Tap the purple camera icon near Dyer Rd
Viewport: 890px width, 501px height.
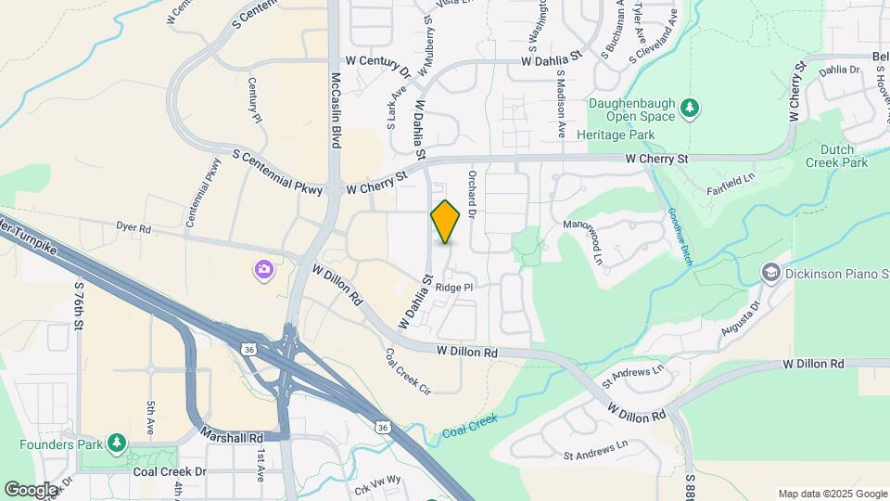(x=264, y=271)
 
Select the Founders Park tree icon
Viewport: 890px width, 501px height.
(x=116, y=443)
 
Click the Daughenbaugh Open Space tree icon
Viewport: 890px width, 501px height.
(x=689, y=109)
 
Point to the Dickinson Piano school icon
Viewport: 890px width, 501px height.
(x=770, y=272)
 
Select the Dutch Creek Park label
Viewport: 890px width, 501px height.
(x=843, y=156)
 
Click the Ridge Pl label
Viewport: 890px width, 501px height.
(x=455, y=288)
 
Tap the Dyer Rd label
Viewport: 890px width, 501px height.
(x=133, y=226)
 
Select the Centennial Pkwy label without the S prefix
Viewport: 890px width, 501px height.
(x=204, y=193)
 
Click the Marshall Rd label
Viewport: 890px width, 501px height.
(x=232, y=436)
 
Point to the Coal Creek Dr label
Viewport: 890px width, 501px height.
(x=170, y=470)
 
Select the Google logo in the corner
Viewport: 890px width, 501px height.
(x=31, y=489)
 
